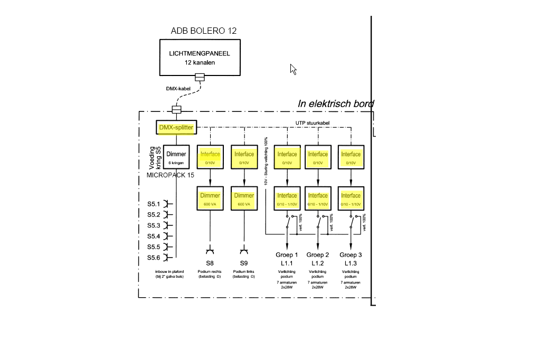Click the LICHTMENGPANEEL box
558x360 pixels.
click(200, 58)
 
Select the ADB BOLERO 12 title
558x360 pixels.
click(204, 31)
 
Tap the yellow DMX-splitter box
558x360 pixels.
click(176, 127)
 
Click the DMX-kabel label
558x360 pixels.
click(178, 89)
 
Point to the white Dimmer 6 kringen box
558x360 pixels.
click(176, 157)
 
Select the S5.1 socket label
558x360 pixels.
click(154, 204)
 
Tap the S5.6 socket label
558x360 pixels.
click(154, 258)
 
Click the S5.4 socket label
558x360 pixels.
click(154, 236)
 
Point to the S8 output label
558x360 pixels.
click(210, 263)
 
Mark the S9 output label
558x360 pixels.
click(244, 263)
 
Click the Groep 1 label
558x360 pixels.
click(287, 255)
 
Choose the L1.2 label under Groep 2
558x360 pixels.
click(318, 263)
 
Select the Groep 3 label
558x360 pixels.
click(351, 255)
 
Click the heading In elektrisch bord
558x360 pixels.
click(336, 103)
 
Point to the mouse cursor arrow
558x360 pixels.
click(292, 69)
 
